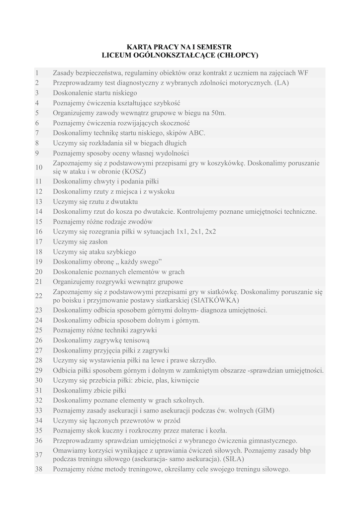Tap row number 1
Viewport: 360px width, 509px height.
37,73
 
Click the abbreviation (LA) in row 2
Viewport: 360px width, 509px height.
281,83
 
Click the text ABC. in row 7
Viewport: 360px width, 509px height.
196,133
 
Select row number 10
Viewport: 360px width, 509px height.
39,167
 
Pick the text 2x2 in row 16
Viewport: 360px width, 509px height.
210,232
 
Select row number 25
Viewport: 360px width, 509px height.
39,330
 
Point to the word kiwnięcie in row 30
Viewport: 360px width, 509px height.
184,380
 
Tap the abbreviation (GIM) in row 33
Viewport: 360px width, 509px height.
265,410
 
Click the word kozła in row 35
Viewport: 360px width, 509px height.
217,430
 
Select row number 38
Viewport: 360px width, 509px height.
39,469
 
